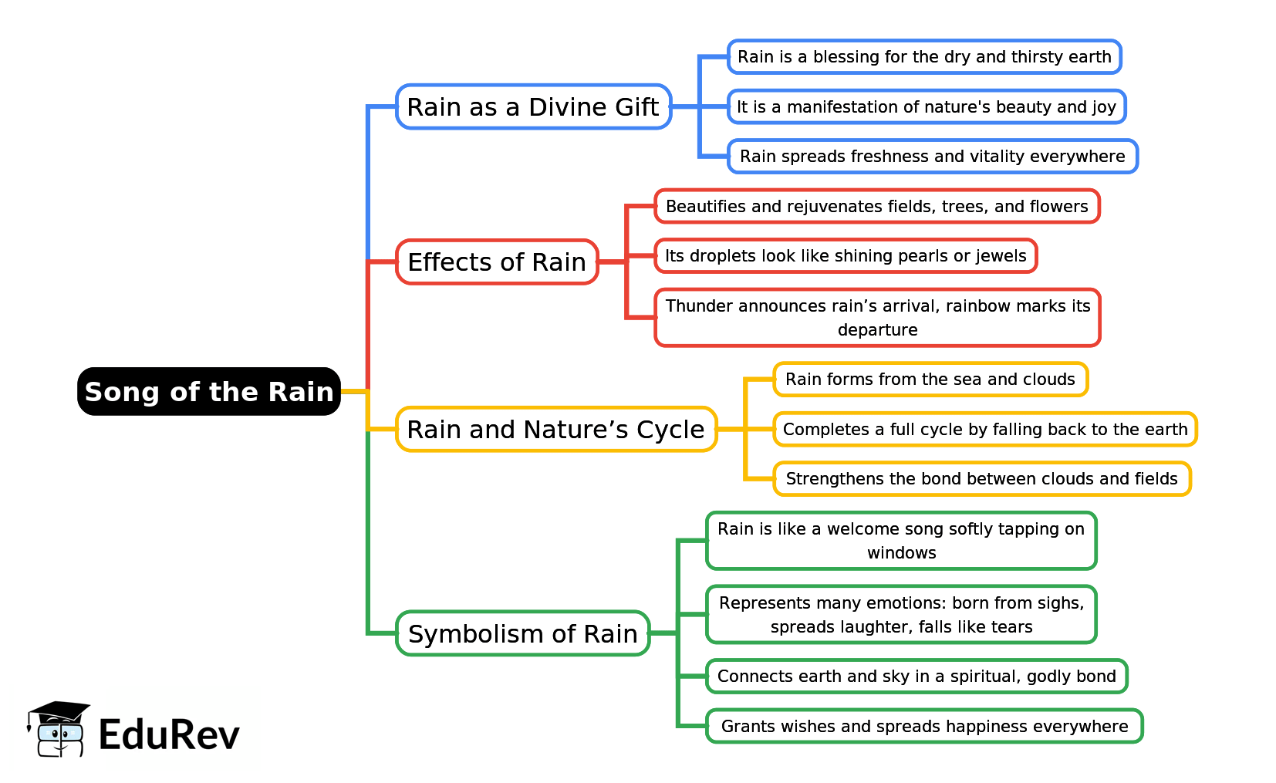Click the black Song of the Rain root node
click(x=208, y=392)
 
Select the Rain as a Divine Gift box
click(x=533, y=106)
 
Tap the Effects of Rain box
click(x=497, y=262)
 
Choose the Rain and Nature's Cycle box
click(x=555, y=429)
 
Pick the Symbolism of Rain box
click(x=522, y=633)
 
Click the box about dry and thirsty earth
click(x=923, y=57)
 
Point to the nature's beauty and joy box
click(x=926, y=106)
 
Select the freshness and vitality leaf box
click(x=932, y=157)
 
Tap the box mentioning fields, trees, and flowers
click(x=876, y=207)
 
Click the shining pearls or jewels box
click(x=846, y=256)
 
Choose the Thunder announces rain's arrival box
click(x=877, y=318)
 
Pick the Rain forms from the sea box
click(x=930, y=380)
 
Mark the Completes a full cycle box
click(x=984, y=430)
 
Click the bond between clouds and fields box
click(x=981, y=479)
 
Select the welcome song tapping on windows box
click(x=900, y=541)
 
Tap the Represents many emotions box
click(x=900, y=615)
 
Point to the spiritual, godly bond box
click(x=916, y=677)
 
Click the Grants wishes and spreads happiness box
click(x=923, y=727)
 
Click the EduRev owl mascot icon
click(x=59, y=730)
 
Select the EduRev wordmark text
click(x=169, y=734)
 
